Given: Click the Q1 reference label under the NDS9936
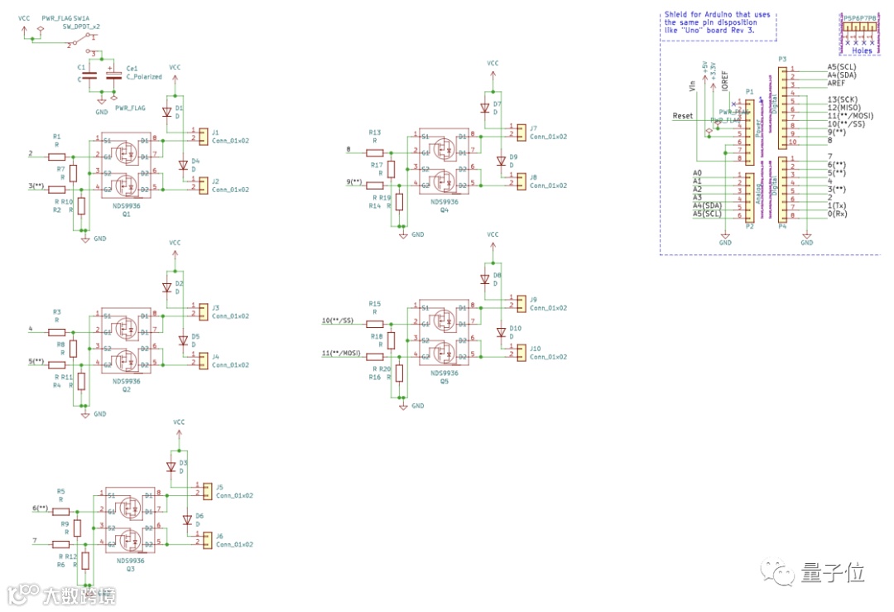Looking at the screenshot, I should (127, 214).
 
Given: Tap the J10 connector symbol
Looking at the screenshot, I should (520, 353).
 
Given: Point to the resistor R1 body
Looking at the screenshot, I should (57, 156).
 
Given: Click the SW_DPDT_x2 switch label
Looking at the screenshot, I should (82, 26).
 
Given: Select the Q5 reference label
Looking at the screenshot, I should (445, 382).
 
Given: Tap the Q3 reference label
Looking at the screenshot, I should (130, 570).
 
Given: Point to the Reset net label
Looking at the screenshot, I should (683, 116).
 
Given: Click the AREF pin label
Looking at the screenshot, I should (838, 84).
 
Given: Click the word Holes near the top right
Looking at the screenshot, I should (862, 50).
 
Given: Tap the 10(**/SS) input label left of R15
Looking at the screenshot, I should (337, 320).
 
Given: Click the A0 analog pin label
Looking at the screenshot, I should (697, 172).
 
